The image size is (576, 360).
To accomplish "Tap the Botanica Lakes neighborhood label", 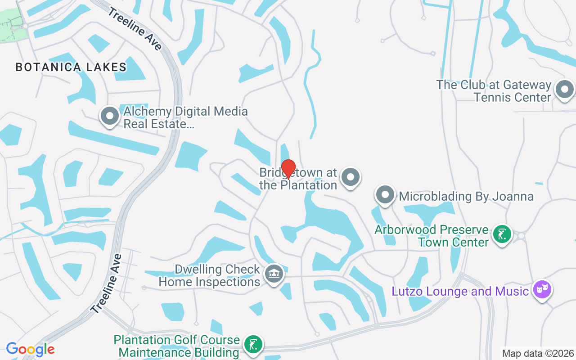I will [x=71, y=67].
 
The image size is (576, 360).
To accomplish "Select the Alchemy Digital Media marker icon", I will [x=109, y=116].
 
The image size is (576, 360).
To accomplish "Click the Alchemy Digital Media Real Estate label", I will [x=185, y=117].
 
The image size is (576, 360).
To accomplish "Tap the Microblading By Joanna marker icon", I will [x=385, y=195].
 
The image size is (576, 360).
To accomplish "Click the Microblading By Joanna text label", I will [x=466, y=197].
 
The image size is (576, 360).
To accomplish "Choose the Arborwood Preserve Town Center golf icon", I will [x=502, y=234].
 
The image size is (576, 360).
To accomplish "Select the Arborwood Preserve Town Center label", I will [x=432, y=236].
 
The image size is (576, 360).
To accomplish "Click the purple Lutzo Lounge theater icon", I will [x=542, y=289].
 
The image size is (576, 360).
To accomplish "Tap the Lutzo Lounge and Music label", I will [x=460, y=292].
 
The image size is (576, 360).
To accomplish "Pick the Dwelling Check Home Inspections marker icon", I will [x=273, y=274].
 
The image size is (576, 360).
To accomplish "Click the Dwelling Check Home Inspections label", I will [x=210, y=275].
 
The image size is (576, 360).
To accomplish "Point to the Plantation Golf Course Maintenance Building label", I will [x=176, y=346].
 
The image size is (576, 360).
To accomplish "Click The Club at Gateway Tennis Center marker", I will [x=564, y=89].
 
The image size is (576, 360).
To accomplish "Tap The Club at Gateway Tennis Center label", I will [x=494, y=91].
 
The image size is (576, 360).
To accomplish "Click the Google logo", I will [x=30, y=349].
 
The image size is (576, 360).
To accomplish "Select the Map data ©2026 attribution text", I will [x=538, y=353].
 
